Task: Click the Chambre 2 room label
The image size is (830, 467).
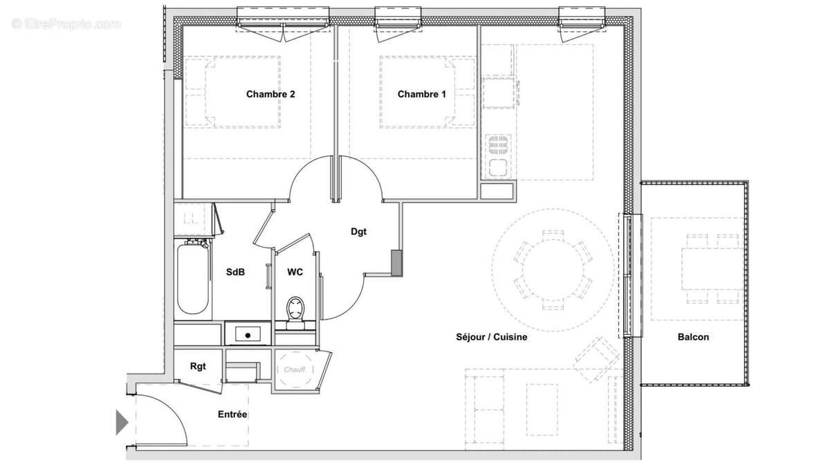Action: (x=270, y=94)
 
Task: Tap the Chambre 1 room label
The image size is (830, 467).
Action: (x=421, y=94)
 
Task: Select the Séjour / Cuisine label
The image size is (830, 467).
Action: (x=491, y=337)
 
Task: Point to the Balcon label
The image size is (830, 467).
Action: (x=693, y=337)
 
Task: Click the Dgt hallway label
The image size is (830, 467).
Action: (x=358, y=232)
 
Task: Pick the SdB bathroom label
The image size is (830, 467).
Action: (x=235, y=272)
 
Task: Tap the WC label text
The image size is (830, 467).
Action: (x=295, y=272)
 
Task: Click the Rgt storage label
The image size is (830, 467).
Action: (x=198, y=366)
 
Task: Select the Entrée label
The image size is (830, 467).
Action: (x=232, y=414)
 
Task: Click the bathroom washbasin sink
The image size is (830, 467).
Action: (x=247, y=334)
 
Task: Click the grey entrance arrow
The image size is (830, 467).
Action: (x=122, y=422)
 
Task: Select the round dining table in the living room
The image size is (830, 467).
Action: (x=553, y=270)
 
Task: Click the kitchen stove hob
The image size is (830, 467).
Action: (x=498, y=145)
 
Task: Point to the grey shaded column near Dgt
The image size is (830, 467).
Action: (x=396, y=262)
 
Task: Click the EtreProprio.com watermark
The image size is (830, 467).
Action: (x=66, y=24)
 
